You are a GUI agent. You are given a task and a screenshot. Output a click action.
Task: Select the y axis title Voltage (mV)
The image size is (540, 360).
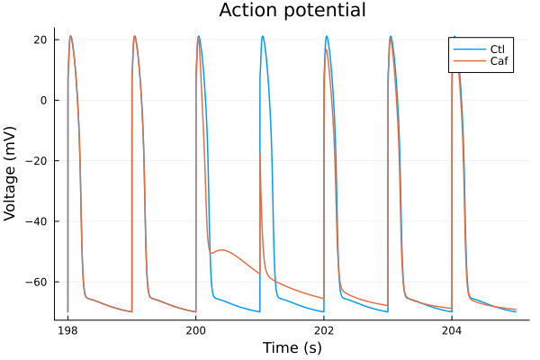[x=12, y=173]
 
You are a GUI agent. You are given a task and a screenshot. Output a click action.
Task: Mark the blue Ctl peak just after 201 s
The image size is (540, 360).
[x=263, y=37]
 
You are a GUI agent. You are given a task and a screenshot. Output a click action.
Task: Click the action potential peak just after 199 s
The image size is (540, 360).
[x=135, y=37]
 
